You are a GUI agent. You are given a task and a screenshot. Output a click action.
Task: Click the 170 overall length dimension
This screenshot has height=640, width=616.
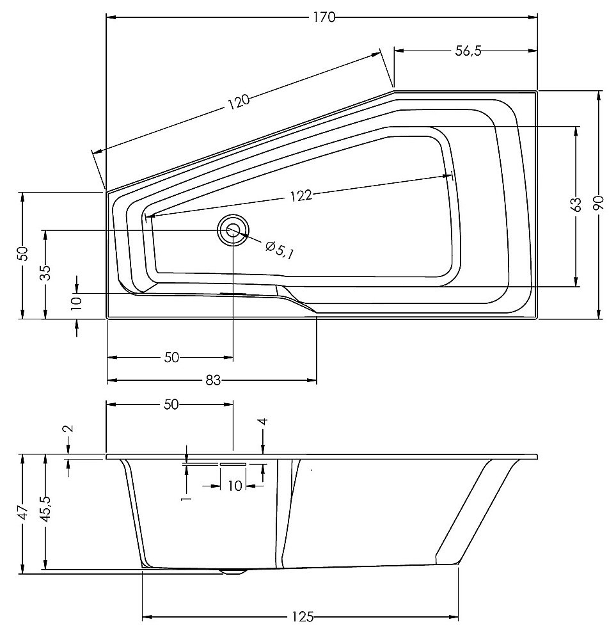pos(325,17)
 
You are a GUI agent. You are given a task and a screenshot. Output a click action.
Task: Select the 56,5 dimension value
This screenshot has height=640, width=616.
pos(468,51)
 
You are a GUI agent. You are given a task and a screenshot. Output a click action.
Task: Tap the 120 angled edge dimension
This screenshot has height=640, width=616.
pos(239,101)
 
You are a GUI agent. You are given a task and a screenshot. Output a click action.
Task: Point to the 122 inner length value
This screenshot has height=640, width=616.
pos(301,196)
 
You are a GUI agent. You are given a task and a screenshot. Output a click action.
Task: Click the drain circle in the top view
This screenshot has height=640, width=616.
pos(233,230)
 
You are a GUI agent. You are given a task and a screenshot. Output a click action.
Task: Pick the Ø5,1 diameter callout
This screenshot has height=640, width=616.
pos(280,250)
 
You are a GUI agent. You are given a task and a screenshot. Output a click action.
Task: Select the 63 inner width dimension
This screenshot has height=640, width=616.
pos(576,205)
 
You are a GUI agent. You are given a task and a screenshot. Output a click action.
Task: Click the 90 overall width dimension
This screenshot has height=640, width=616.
pos(599,203)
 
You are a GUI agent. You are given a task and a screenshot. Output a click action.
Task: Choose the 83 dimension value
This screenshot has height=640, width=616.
pos(213,380)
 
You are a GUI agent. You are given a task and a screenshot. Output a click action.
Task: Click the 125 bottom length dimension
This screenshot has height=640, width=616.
pos(303,617)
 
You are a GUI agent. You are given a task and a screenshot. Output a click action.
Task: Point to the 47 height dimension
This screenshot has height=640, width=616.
pos(23,512)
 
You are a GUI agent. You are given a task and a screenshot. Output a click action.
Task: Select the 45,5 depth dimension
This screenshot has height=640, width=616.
pos(45,509)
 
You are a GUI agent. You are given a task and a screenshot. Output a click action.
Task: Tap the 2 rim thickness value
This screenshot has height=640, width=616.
pos(68,428)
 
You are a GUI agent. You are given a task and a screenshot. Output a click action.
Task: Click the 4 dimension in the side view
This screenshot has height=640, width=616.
pos(264,421)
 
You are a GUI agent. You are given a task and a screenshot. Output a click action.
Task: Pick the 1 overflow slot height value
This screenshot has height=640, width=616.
pos(186,498)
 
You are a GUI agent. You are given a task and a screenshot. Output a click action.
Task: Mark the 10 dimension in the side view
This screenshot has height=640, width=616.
pos(235,486)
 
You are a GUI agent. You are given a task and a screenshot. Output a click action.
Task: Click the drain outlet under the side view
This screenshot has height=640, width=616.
pos(233,572)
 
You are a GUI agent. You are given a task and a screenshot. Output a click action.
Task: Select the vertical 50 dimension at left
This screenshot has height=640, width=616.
pos(23,253)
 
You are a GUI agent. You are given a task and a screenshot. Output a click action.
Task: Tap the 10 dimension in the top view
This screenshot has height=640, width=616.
pos(77,303)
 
